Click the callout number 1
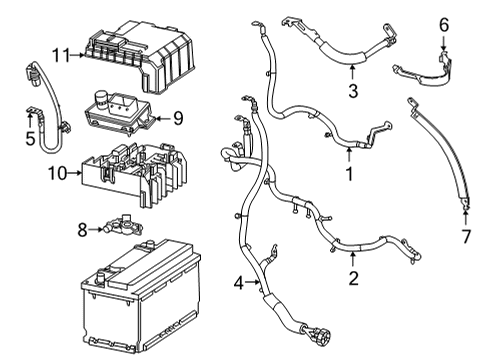tap(349, 174)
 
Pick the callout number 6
tap(445, 22)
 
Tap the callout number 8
tap(82, 229)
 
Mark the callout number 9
tap(177, 118)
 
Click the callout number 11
tap(58, 56)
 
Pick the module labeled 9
tap(126, 116)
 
